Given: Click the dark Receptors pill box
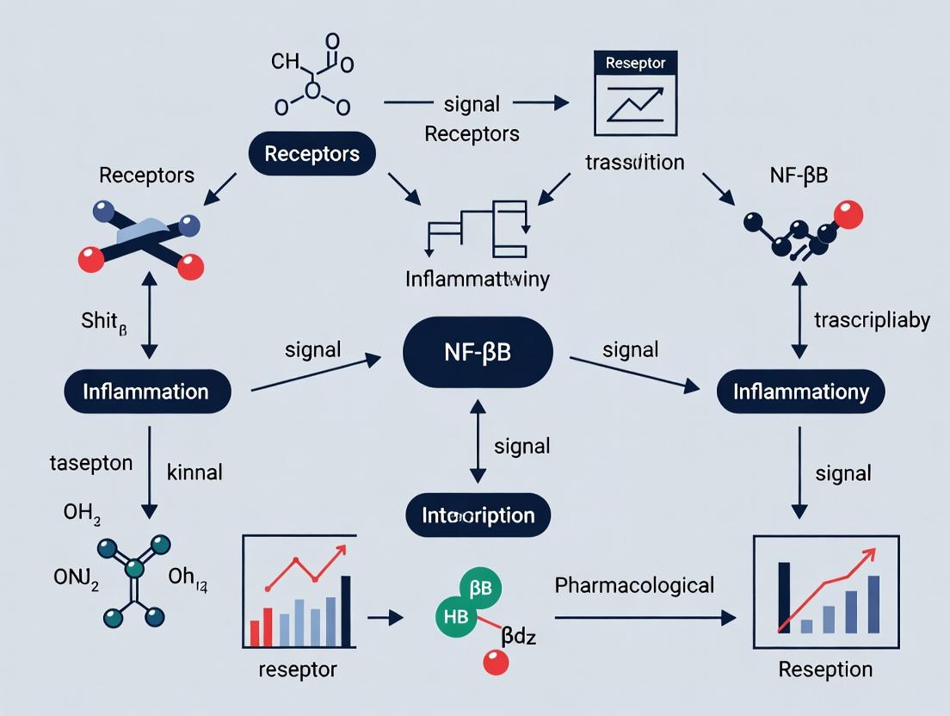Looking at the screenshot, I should (312, 154).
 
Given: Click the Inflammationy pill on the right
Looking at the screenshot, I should (800, 392).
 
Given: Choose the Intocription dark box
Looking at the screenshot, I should (478, 515).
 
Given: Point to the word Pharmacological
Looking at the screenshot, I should (634, 586).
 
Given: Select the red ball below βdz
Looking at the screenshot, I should (497, 662).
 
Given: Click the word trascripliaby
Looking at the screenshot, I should (871, 320).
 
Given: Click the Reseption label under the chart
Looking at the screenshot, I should (825, 670).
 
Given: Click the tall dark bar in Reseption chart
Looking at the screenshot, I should (784, 597).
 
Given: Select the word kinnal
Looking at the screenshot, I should (194, 472).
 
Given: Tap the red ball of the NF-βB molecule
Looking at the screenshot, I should (848, 214).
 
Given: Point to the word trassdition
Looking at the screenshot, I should (634, 162).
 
